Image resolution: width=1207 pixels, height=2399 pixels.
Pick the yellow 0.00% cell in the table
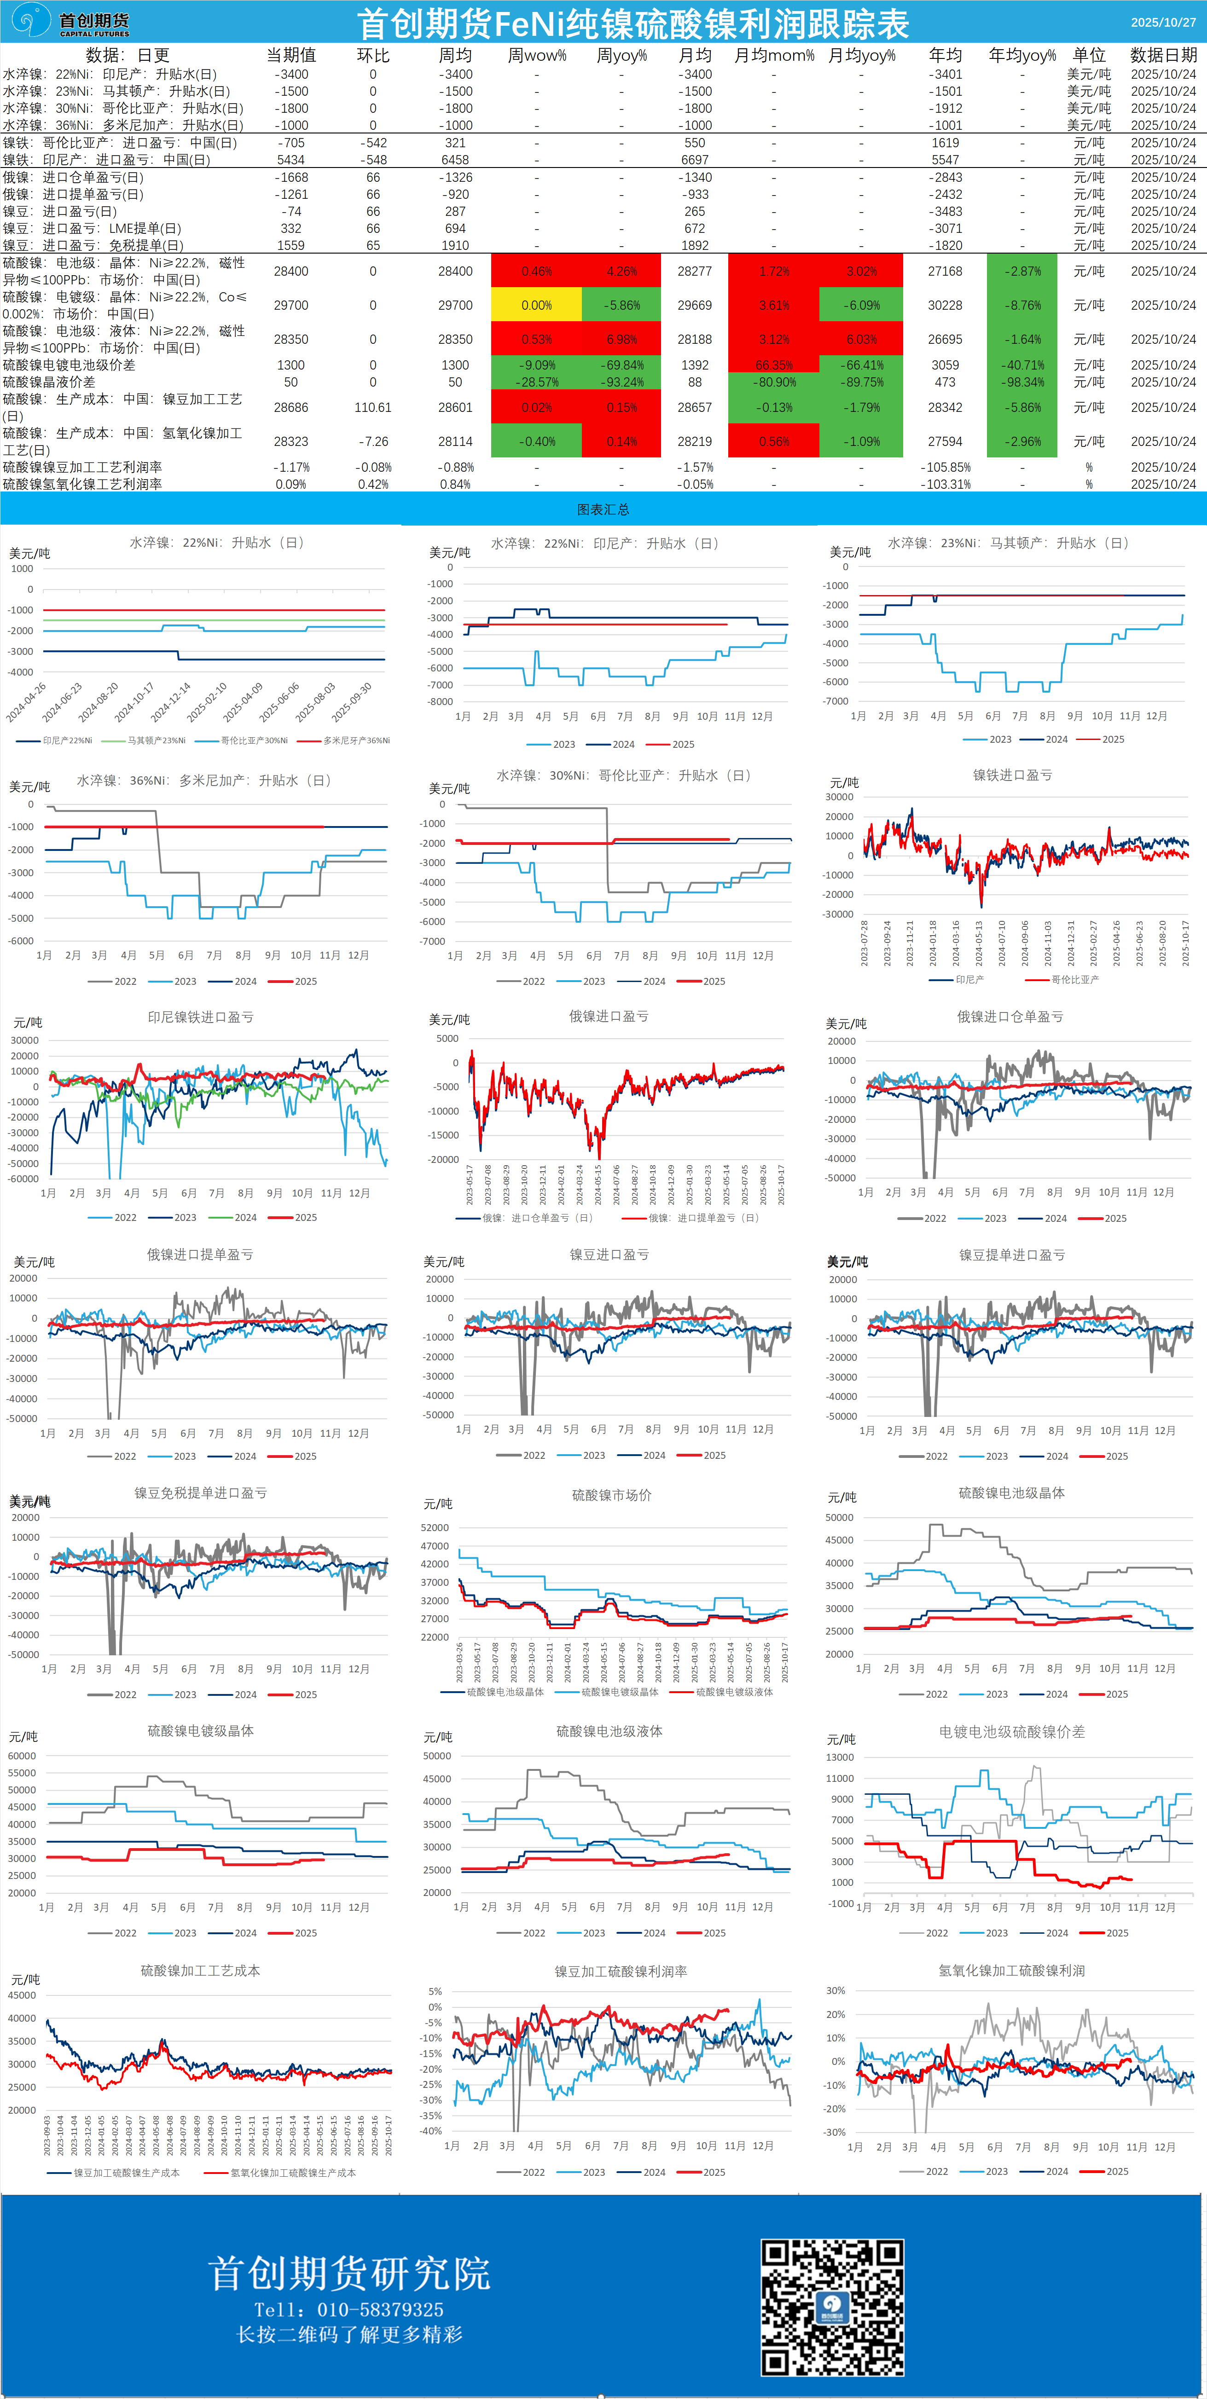[536, 306]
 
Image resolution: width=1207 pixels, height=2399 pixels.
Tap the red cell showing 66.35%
[774, 365]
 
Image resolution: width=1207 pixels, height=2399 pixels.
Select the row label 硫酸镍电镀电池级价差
[69, 365]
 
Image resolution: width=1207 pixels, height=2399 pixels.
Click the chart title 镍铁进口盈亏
[1012, 775]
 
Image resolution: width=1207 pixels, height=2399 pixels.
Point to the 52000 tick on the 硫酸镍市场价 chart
[435, 1527]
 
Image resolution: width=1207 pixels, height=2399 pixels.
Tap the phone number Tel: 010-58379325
[349, 2310]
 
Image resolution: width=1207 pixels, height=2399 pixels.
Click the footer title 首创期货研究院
[349, 2273]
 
